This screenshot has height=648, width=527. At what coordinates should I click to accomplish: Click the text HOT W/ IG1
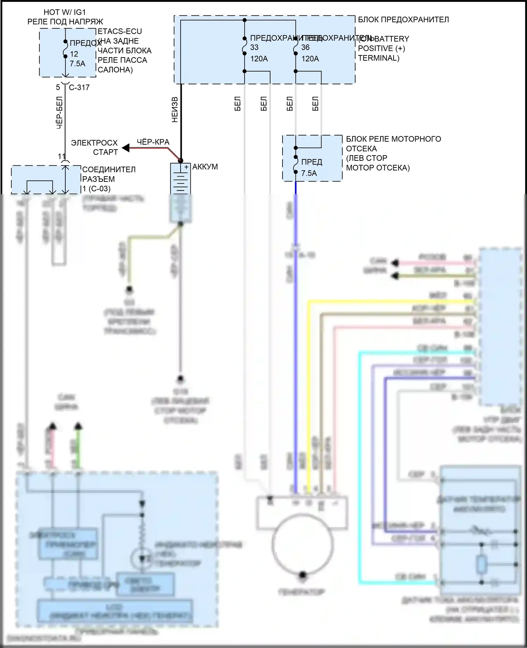pyautogui.click(x=65, y=12)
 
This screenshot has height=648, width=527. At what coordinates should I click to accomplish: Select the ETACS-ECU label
pyautogui.click(x=120, y=31)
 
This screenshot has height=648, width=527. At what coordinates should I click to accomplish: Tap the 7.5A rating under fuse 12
pyautogui.click(x=78, y=64)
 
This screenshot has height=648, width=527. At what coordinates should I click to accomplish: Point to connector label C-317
pyautogui.click(x=79, y=87)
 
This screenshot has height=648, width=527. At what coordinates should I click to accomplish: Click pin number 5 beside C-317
pyautogui.click(x=58, y=87)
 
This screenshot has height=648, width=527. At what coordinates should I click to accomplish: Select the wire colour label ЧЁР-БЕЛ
pyautogui.click(x=60, y=112)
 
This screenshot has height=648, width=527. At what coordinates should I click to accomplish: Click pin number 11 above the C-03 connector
pyautogui.click(x=61, y=157)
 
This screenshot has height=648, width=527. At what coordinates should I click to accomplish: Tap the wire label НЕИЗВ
pyautogui.click(x=175, y=110)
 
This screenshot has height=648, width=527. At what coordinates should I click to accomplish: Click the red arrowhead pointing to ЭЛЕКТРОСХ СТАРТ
pyautogui.click(x=125, y=148)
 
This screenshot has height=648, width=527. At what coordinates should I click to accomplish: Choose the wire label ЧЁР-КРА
pyautogui.click(x=153, y=142)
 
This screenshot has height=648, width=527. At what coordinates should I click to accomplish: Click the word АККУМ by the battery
pyautogui.click(x=205, y=167)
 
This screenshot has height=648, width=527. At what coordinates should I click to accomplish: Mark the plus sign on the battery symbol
pyautogui.click(x=186, y=167)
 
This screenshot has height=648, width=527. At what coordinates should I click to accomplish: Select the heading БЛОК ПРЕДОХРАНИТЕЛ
pyautogui.click(x=403, y=20)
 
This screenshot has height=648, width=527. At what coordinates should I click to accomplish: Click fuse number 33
pyautogui.click(x=254, y=47)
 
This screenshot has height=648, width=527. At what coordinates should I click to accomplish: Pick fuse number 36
pyautogui.click(x=305, y=47)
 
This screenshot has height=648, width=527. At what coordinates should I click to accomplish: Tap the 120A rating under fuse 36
pyautogui.click(x=310, y=59)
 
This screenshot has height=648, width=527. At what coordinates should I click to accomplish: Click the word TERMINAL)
pyautogui.click(x=378, y=58)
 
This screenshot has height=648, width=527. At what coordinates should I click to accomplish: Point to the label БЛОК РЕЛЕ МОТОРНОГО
pyautogui.click(x=393, y=139)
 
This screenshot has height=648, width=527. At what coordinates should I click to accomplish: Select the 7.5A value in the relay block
pyautogui.click(x=309, y=173)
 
